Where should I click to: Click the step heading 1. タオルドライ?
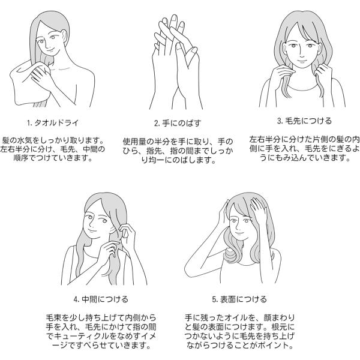tap(53, 123)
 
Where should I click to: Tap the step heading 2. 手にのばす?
tap(178, 123)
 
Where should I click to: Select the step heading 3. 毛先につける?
tap(304, 121)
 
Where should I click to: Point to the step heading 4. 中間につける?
tap(101, 299)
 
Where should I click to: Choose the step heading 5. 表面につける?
tap(239, 299)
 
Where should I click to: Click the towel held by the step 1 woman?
tap(25, 85)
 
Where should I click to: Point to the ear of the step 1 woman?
tap(64, 37)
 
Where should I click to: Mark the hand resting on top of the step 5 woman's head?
tap(259, 208)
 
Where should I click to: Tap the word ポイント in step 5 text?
tap(273, 345)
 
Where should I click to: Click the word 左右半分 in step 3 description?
tap(265, 139)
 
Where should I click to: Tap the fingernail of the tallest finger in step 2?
tap(174, 18)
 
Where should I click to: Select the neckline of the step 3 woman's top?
tap(302, 90)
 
